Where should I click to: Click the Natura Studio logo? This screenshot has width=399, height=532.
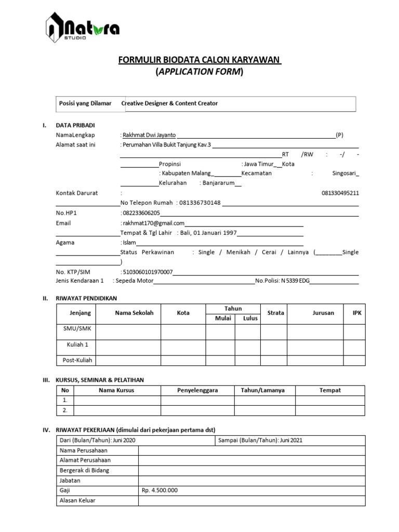click(83, 29)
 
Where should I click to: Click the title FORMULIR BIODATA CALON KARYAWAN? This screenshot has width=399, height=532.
click(200, 60)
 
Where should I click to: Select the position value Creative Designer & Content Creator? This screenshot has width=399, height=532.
click(170, 103)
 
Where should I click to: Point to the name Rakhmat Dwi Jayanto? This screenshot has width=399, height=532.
click(150, 135)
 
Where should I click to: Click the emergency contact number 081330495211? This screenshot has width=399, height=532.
click(340, 193)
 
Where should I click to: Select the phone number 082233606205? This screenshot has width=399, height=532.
click(141, 213)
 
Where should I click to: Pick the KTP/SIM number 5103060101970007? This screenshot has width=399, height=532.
click(148, 272)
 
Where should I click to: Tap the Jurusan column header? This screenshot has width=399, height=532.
click(323, 313)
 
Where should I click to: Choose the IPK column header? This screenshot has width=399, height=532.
click(357, 313)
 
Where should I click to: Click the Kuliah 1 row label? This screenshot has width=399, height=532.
click(77, 344)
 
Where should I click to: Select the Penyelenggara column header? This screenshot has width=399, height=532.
click(197, 390)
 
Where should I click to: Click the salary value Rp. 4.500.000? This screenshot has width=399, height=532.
click(159, 490)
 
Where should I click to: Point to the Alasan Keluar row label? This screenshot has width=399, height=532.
click(78, 500)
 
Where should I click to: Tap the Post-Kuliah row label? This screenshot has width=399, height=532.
click(77, 360)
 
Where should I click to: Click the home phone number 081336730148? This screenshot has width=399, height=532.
click(199, 203)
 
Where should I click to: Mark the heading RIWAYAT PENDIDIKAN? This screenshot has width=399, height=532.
click(87, 298)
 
